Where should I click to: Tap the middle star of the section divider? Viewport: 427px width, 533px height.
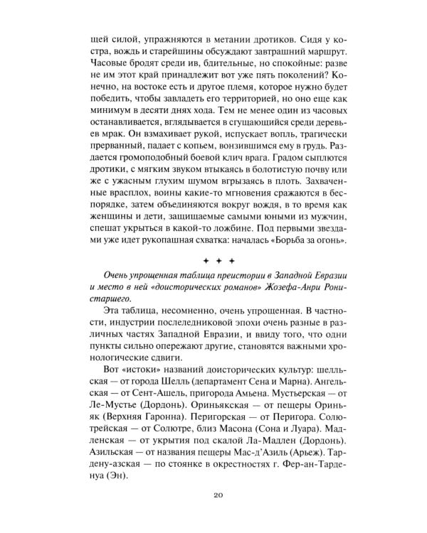click(213, 262)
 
